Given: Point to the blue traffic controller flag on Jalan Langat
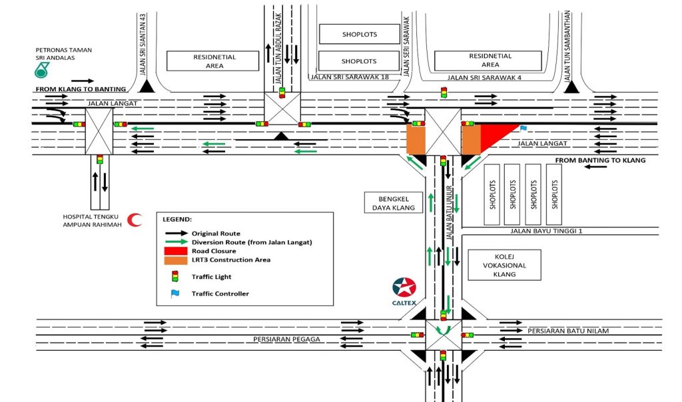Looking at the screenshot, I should (523, 126).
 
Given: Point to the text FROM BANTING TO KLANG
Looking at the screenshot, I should (597, 160).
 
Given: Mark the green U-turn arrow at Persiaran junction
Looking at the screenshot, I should (443, 329).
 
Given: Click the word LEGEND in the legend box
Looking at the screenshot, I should (178, 219).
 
